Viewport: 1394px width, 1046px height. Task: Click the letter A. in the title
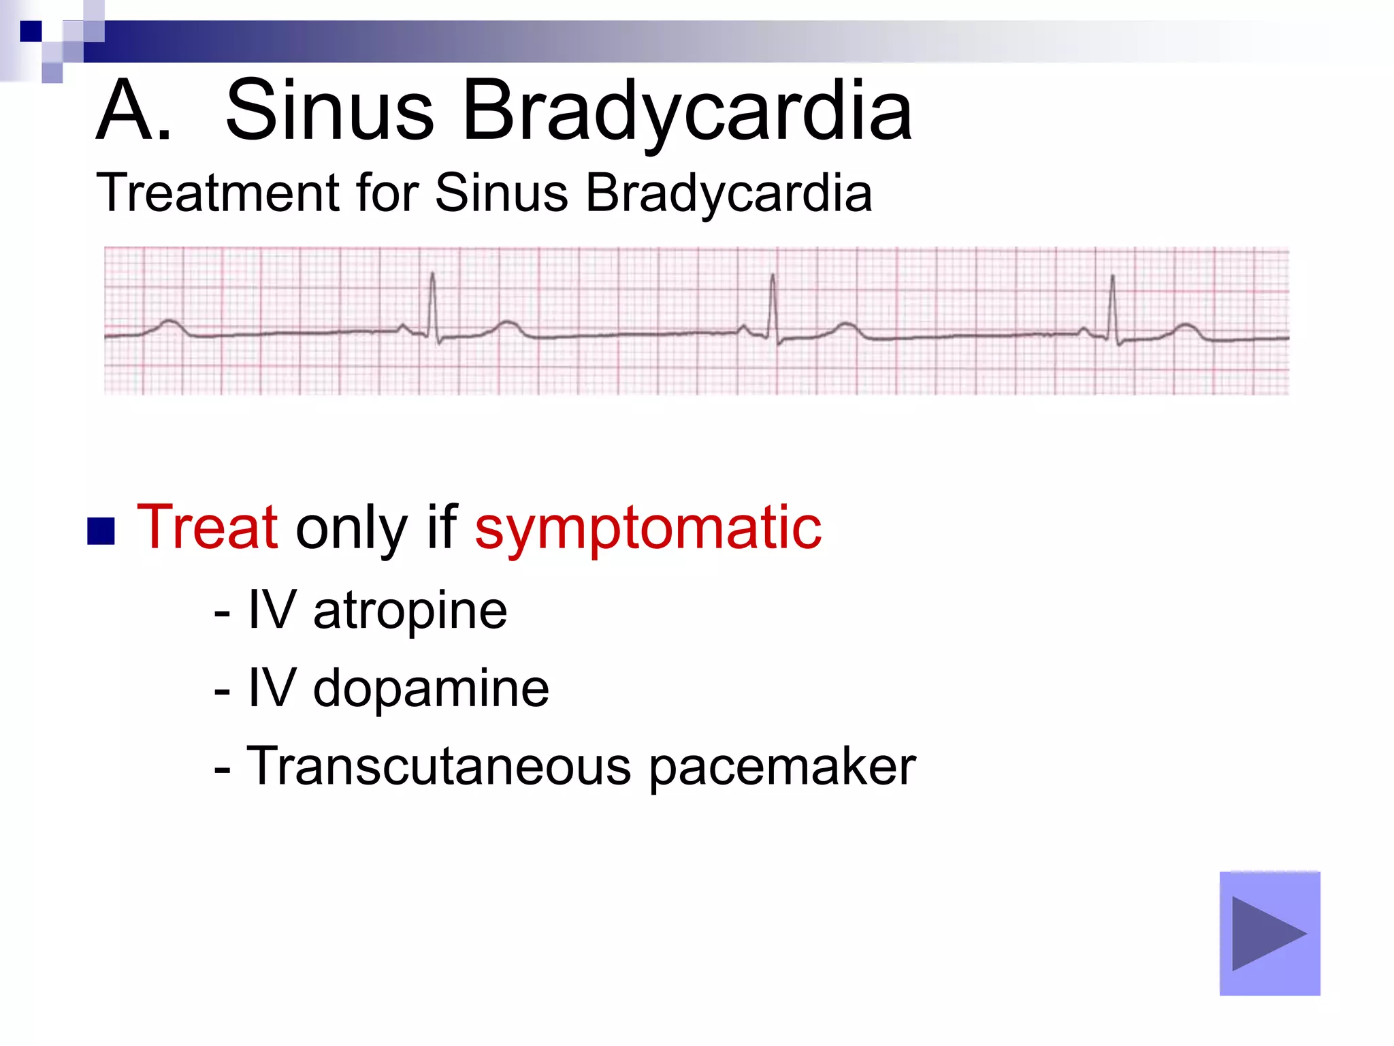pos(133,111)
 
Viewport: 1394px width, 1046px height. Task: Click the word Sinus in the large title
pos(329,111)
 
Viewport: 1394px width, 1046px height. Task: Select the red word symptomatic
pos(648,530)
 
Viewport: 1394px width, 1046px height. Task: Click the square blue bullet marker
pos(101,532)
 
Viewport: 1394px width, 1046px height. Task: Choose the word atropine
pos(410,612)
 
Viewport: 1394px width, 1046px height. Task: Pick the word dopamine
pos(430,689)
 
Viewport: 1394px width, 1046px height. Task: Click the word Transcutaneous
pos(438,767)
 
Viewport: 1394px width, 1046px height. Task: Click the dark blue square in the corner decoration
pos(31,31)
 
